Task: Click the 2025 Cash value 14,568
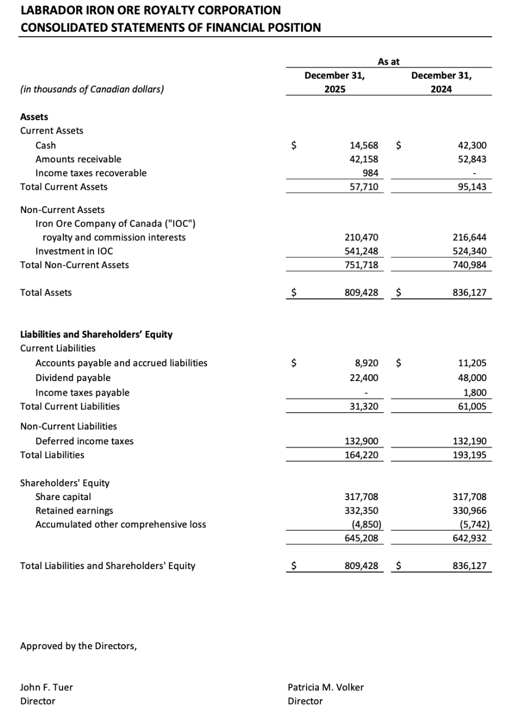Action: (363, 145)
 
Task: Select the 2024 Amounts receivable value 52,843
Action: (471, 159)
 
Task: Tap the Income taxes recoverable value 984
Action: (370, 173)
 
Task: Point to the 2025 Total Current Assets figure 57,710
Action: (363, 187)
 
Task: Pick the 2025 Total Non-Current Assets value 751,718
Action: (361, 265)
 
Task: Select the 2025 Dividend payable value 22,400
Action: (363, 378)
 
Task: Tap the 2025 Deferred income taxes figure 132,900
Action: (361, 441)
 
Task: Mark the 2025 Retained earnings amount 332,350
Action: (361, 511)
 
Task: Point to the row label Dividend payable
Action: (73, 378)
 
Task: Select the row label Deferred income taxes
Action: (85, 441)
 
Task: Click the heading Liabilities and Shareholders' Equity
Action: (96, 334)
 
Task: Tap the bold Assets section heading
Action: (34, 117)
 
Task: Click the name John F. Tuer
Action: (46, 687)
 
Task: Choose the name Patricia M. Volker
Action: (326, 687)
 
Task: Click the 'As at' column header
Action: (388, 62)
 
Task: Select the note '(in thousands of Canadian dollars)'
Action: (92, 89)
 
